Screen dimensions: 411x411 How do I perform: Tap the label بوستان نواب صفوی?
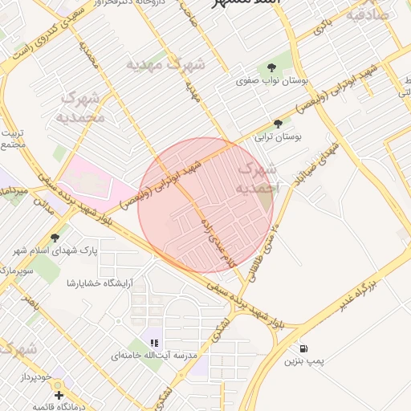click(x=268, y=81)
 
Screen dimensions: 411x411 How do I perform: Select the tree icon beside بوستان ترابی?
click(x=278, y=124)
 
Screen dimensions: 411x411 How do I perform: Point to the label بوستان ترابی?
click(x=278, y=138)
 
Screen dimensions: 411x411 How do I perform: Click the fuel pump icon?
click(x=303, y=348)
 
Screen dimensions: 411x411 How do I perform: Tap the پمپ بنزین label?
click(x=303, y=362)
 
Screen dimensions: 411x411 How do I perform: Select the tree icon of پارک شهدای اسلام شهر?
click(x=55, y=237)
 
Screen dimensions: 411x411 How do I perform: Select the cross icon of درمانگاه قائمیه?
click(x=58, y=394)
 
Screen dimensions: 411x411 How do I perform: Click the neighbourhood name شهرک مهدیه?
click(x=166, y=63)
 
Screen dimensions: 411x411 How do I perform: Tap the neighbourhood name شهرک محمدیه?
click(x=82, y=107)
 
